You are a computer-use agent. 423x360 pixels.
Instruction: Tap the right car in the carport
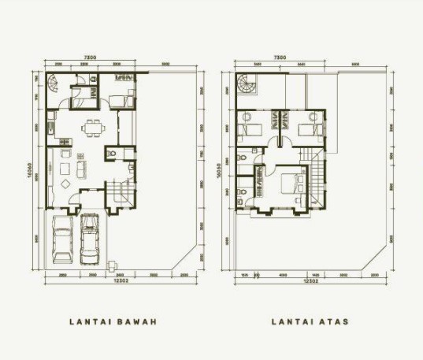(x=89, y=238)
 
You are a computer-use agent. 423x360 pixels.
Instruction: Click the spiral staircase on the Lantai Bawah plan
(x=54, y=84)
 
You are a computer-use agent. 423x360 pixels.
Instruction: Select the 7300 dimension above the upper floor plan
(x=280, y=57)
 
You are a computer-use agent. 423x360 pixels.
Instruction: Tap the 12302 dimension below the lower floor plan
(x=119, y=281)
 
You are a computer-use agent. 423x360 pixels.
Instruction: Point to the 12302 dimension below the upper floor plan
(x=313, y=281)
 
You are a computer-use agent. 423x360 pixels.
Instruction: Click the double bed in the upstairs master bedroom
(x=295, y=186)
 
